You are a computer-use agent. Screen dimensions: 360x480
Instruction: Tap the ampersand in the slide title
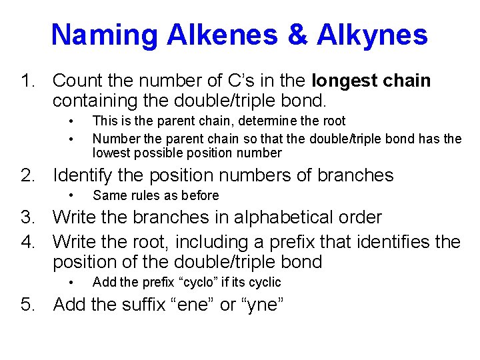coord(299,34)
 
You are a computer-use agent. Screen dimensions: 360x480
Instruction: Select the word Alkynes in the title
coord(373,34)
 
